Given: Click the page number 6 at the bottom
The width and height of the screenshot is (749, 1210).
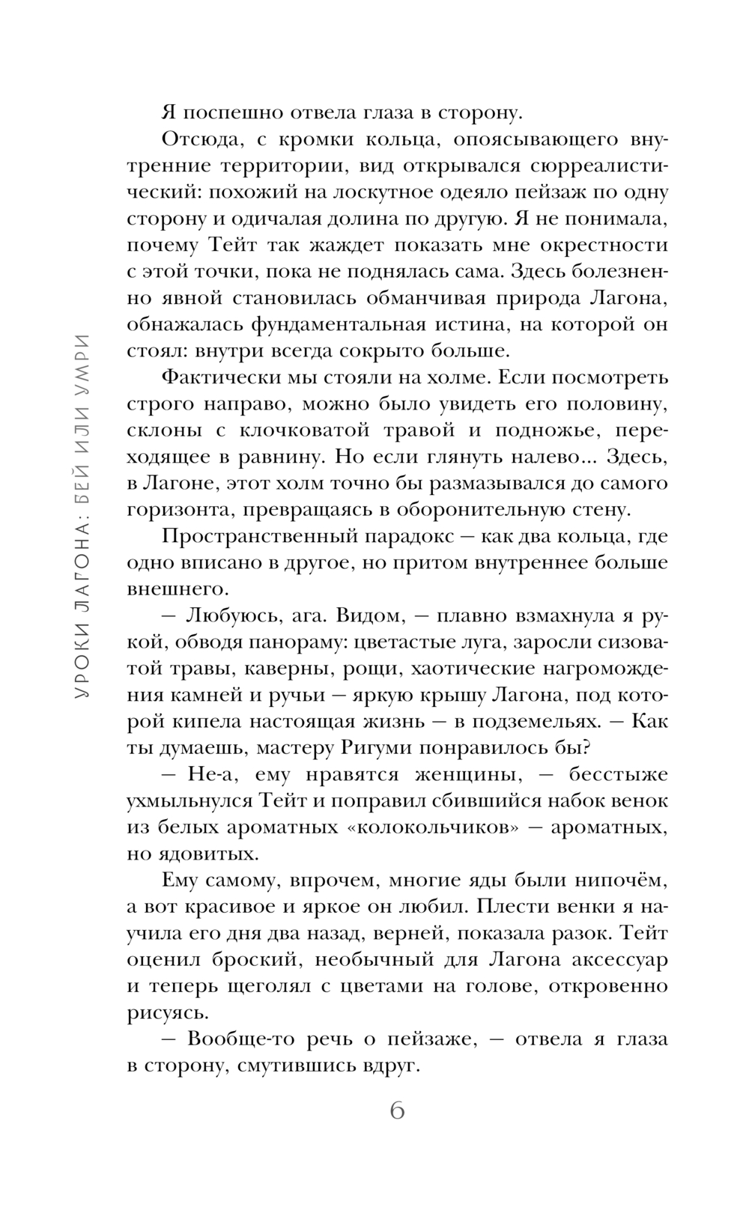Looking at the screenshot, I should (x=397, y=1109).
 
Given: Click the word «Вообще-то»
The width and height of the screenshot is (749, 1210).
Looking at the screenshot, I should (x=232, y=1039).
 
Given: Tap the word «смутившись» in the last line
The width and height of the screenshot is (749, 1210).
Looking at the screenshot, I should (x=300, y=1066).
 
